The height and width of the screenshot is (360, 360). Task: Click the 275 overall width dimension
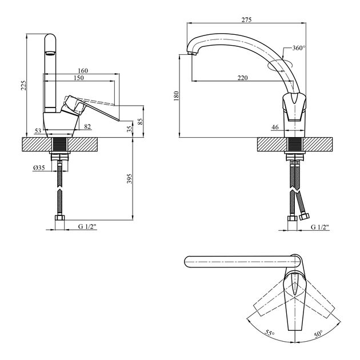click(x=246, y=20)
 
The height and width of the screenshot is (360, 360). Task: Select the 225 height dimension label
click(x=24, y=85)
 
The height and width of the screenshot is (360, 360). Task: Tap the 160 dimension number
click(x=83, y=70)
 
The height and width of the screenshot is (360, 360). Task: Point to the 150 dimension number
click(x=79, y=78)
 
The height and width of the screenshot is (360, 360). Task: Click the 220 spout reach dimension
click(x=243, y=78)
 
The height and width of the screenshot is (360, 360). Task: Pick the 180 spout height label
click(x=177, y=96)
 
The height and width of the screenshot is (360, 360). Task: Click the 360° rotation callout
click(x=299, y=48)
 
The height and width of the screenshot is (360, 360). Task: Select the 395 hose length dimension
click(x=130, y=178)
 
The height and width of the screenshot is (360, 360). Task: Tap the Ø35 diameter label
click(x=39, y=168)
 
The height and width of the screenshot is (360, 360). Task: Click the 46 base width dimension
click(x=275, y=127)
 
